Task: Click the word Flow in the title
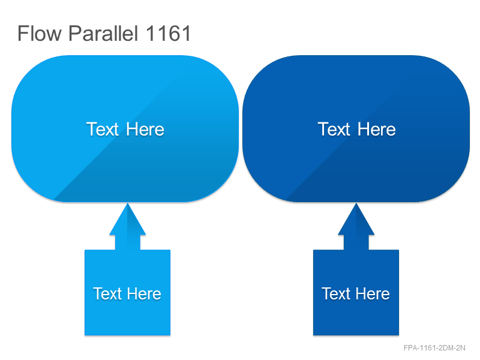pyautogui.click(x=40, y=34)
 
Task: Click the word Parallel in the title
pyautogui.click(x=103, y=33)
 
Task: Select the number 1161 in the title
pyautogui.click(x=169, y=34)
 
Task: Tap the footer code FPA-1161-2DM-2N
pyautogui.click(x=434, y=348)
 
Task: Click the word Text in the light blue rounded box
pyautogui.click(x=102, y=129)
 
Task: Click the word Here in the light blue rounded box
pyautogui.click(x=145, y=129)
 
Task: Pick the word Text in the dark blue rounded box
pyautogui.click(x=334, y=129)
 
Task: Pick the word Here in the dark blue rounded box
pyautogui.click(x=377, y=129)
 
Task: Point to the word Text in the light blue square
pyautogui.click(x=107, y=294)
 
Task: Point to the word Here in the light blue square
pyautogui.click(x=144, y=294)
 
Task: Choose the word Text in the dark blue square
pyautogui.click(x=336, y=294)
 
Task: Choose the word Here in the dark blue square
pyautogui.click(x=373, y=294)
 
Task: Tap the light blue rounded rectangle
pyautogui.click(x=125, y=92)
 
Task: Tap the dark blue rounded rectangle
pyautogui.click(x=356, y=92)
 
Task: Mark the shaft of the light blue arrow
pyautogui.click(x=128, y=242)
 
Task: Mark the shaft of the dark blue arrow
pyautogui.click(x=356, y=242)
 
